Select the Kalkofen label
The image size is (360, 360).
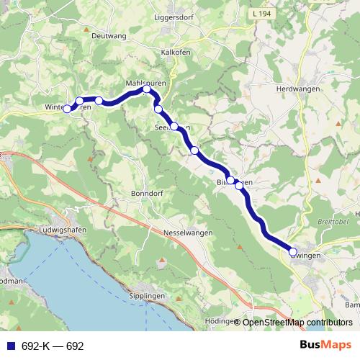coord(176,53)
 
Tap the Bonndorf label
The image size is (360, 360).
coord(148,194)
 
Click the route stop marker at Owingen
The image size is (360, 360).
coord(293,252)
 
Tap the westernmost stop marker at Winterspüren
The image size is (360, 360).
coord(67,109)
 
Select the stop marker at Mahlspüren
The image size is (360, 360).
coord(147,89)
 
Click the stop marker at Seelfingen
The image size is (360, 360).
coord(174,126)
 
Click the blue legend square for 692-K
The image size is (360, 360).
coord(6,346)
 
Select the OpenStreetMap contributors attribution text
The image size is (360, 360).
coord(297,322)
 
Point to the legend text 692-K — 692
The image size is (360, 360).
coord(53,346)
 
